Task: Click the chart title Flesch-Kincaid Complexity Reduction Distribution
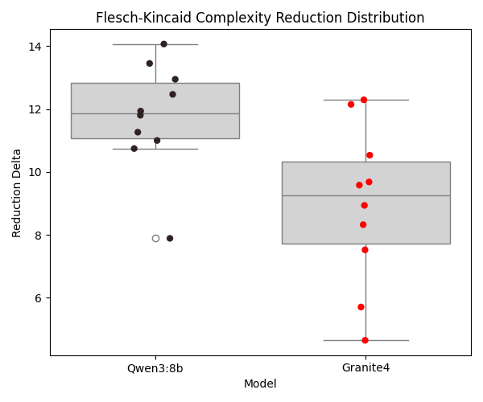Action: pos(260,18)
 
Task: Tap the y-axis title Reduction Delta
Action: pos(17,193)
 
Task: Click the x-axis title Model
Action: pos(260,384)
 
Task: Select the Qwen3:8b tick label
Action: pos(155,367)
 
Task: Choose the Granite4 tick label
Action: pos(365,367)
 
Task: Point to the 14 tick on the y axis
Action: pos(36,47)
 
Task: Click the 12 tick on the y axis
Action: pos(36,109)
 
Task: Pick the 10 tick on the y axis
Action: pos(36,172)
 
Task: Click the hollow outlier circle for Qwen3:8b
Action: pos(155,238)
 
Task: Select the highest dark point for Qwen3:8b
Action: pos(163,44)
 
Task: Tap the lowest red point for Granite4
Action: pos(365,340)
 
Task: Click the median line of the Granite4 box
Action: pos(365,195)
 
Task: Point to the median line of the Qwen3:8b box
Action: pos(155,113)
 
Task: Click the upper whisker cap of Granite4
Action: pos(365,100)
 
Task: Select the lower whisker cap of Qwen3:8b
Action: pos(155,149)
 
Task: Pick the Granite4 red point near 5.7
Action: pos(361,307)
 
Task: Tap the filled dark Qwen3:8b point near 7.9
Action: pos(170,238)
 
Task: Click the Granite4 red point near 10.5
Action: pos(369,155)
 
